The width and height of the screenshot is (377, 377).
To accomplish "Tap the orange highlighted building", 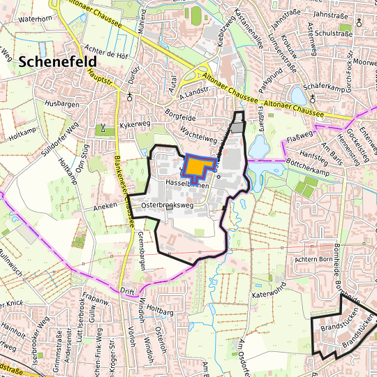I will (x=198, y=168).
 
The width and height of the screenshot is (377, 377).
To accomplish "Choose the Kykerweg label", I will (x=135, y=124).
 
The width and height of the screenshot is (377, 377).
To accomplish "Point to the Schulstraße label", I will (x=334, y=33).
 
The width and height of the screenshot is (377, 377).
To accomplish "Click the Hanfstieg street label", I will (x=311, y=152).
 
